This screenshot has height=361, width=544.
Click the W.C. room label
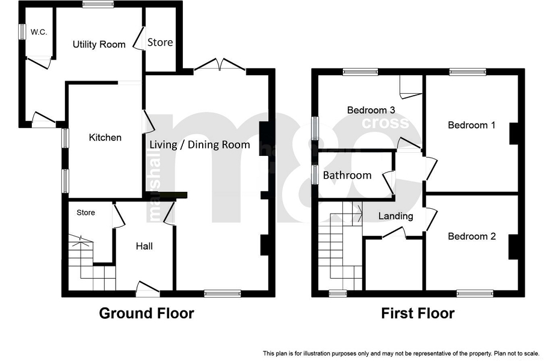[x=39, y=32]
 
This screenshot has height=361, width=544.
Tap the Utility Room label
[x=99, y=45]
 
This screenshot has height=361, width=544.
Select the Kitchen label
[x=105, y=137]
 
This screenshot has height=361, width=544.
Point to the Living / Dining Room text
[x=200, y=144]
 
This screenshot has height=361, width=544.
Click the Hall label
[x=144, y=246]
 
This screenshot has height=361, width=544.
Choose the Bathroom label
[x=347, y=175]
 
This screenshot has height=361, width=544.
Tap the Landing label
[x=395, y=217]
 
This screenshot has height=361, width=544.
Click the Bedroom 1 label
[x=472, y=125]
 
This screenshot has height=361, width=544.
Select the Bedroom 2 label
[x=472, y=236]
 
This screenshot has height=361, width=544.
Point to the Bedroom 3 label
[x=371, y=110]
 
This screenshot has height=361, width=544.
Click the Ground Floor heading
[x=146, y=313]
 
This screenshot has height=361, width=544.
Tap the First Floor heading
[x=418, y=313]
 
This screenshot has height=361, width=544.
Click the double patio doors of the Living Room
[x=220, y=65]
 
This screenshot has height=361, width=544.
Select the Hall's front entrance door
[x=148, y=289]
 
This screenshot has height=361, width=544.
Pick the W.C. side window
[x=22, y=31]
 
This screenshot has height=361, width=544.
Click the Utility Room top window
[x=98, y=4]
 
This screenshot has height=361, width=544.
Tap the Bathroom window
[x=315, y=174]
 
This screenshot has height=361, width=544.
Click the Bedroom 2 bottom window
[x=475, y=294]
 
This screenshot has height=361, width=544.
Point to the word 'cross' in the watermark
[x=386, y=123]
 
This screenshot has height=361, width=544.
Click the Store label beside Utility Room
[x=160, y=42]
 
